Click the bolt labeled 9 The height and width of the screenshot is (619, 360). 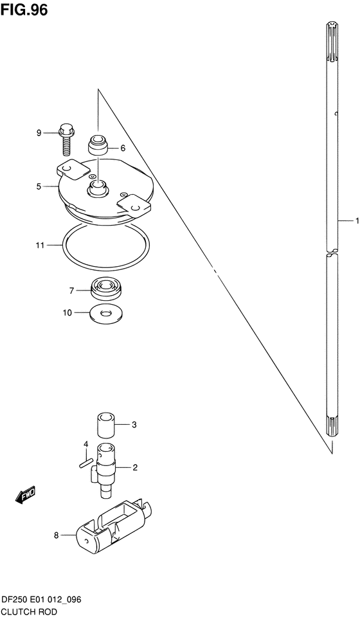point(64,138)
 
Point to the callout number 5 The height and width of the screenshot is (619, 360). point(39,186)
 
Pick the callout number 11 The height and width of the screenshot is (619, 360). point(39,245)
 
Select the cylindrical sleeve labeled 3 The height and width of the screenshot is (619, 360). point(105,425)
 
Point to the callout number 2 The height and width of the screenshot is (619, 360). point(135,467)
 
